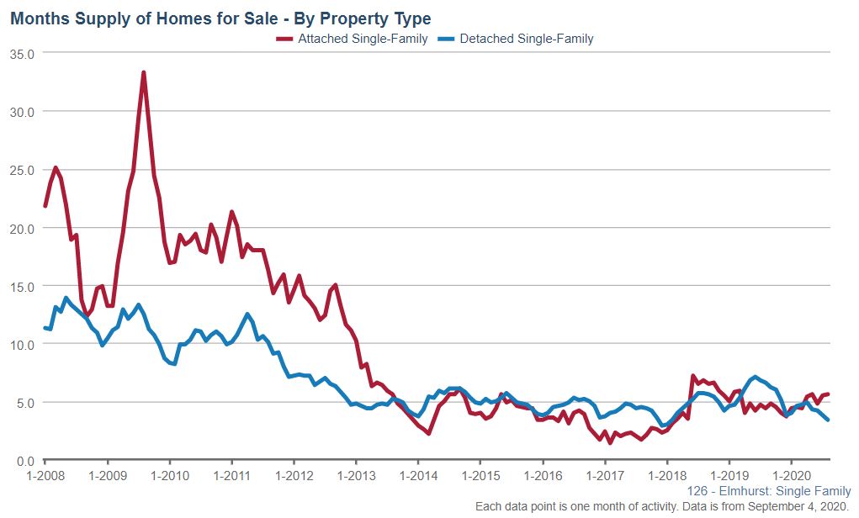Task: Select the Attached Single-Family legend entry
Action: coord(353,39)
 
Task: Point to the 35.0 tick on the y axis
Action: coord(22,53)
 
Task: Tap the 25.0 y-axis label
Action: coord(22,170)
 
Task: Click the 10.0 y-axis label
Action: coord(22,345)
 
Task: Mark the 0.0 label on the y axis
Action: coord(25,461)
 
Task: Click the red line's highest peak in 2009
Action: coord(144,72)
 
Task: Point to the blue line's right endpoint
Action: coord(829,420)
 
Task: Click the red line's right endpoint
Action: coord(829,394)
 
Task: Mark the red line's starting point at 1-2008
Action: coord(45,205)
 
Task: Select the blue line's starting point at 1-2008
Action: coord(45,328)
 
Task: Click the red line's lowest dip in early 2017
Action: coord(610,442)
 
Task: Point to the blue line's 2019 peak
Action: coord(756,377)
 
